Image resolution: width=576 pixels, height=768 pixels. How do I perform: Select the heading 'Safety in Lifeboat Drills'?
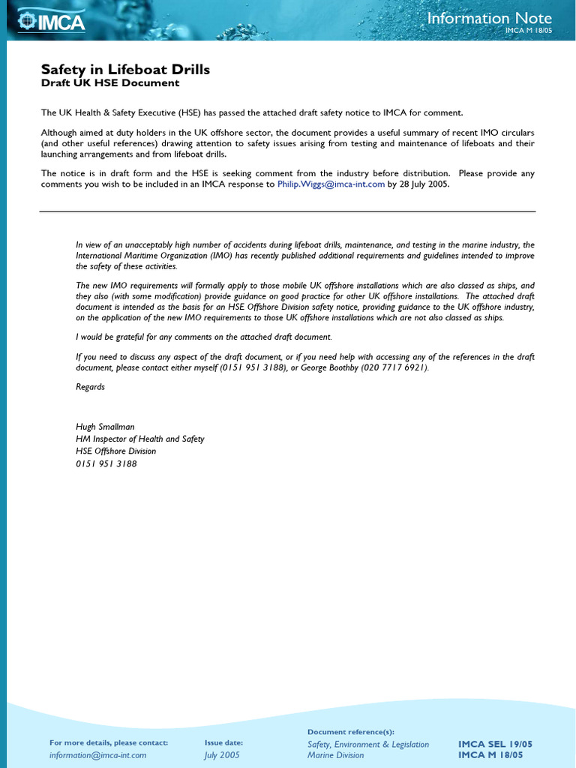(125, 70)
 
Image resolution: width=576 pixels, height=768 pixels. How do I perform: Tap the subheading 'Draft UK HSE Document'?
(110, 83)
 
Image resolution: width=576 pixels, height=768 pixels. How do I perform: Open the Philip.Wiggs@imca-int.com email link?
(331, 184)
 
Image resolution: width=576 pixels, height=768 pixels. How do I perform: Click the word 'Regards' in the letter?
(90, 387)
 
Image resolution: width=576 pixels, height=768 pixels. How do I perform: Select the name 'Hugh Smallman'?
(105, 427)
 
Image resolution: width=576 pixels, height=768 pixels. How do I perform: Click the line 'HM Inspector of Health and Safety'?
(139, 439)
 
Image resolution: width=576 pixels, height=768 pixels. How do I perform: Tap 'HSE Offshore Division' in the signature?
(115, 451)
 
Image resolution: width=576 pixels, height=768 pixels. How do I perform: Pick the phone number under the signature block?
(106, 463)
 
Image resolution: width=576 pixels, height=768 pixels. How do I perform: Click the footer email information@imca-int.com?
(97, 755)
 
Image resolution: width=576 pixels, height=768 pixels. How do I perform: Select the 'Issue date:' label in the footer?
(223, 742)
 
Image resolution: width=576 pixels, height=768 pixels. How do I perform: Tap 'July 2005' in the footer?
(222, 755)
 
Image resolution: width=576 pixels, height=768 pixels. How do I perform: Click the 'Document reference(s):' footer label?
(351, 731)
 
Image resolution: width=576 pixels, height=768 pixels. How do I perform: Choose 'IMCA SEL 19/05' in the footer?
(496, 744)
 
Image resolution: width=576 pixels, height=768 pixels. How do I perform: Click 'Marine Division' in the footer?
(335, 755)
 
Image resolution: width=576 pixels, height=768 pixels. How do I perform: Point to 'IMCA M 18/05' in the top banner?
(527, 31)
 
